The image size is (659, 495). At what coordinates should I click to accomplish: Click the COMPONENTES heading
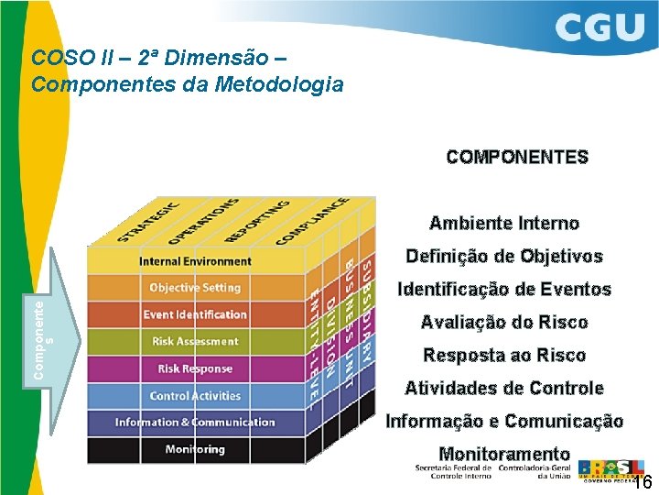click(x=517, y=157)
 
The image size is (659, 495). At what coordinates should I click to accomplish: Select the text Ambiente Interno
click(x=504, y=223)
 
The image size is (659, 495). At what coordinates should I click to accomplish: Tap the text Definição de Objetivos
click(x=504, y=256)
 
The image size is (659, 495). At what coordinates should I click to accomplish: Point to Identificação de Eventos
click(x=504, y=289)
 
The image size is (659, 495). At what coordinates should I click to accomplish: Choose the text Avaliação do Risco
click(x=504, y=322)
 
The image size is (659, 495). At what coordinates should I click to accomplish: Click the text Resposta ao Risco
click(x=504, y=355)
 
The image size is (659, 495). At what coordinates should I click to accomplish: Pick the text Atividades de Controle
click(x=504, y=388)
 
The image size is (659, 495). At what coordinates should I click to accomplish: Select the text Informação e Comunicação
click(x=504, y=421)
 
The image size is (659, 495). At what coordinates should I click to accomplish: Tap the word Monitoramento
click(x=504, y=453)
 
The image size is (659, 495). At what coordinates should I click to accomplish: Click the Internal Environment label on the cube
click(x=195, y=261)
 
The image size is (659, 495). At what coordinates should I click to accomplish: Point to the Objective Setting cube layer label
click(x=195, y=288)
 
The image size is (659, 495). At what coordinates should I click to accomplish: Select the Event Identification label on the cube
click(x=195, y=314)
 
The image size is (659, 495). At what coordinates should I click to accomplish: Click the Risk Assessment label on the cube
click(x=195, y=341)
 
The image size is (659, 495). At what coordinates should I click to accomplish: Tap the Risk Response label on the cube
click(x=195, y=368)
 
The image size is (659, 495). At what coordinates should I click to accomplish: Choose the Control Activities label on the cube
click(x=195, y=396)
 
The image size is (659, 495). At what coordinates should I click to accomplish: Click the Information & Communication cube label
click(x=195, y=423)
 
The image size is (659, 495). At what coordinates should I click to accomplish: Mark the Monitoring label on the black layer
click(x=195, y=449)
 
